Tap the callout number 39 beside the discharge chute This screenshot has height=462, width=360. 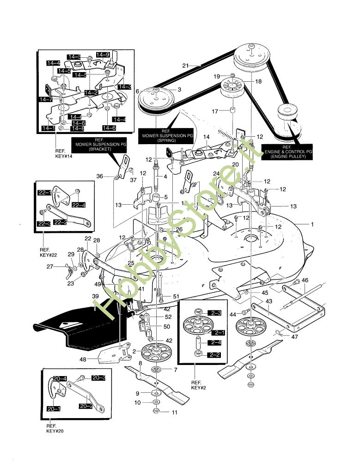96,296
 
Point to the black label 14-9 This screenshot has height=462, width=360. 103,55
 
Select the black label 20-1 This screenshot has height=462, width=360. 54,409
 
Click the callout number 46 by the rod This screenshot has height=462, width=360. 305,280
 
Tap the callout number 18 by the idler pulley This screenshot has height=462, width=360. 258,81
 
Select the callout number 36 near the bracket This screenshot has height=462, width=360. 99,176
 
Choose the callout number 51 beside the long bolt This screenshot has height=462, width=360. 176,296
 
